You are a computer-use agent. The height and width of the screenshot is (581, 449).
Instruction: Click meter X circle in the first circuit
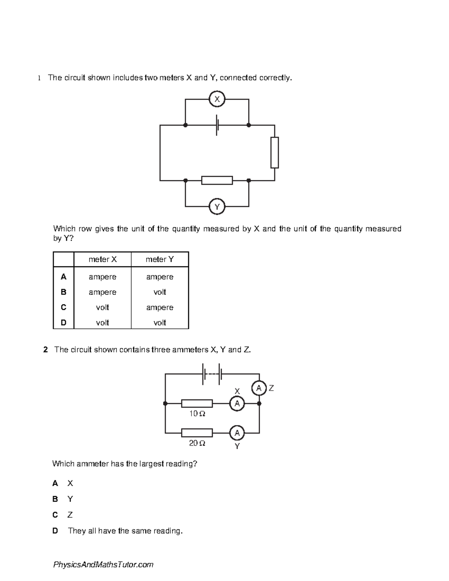coord(217,99)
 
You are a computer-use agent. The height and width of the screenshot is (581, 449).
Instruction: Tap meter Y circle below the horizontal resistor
coord(217,207)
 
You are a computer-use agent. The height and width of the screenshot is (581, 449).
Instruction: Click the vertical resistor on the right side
coord(275,153)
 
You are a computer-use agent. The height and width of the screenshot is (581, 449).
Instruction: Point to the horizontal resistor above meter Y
coord(217,180)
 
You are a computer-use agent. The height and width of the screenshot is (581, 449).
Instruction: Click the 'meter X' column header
coord(103,259)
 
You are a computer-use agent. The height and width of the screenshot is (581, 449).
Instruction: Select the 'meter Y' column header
coord(160,259)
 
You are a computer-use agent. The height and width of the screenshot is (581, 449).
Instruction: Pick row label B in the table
coord(64,292)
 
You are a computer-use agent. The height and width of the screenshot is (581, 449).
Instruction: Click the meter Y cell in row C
coord(160,308)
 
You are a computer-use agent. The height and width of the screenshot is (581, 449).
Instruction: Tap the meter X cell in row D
coord(103,322)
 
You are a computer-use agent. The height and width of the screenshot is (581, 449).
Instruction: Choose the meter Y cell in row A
coord(160,277)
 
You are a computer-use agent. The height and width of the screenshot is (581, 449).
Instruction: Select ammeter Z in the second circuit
coord(259,388)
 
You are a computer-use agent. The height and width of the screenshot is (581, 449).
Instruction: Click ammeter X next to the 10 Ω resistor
coord(237,404)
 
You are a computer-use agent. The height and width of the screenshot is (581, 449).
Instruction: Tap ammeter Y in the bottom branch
coord(237,433)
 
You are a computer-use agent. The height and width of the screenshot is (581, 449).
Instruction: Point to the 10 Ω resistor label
coord(197,414)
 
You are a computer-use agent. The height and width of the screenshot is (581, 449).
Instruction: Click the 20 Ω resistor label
coord(197,443)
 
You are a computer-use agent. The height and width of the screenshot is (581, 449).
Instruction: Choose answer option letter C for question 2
coord(55,515)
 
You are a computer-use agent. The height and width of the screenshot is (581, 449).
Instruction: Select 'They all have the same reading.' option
coord(125,531)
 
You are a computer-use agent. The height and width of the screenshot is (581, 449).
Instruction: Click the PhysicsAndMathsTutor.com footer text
coord(103,565)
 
